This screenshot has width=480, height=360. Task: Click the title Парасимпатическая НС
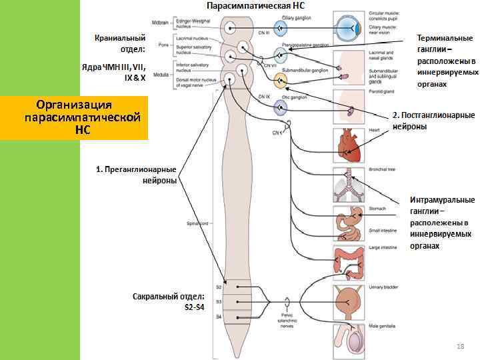pos(256,5)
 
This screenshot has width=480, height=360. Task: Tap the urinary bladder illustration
pos(349,301)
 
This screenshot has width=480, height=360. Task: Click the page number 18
pos(459,347)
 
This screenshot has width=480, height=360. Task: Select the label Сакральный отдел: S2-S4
pos(168,302)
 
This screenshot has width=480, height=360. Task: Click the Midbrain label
pos(160,23)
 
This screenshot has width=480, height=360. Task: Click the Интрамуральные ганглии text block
pos(441,222)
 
